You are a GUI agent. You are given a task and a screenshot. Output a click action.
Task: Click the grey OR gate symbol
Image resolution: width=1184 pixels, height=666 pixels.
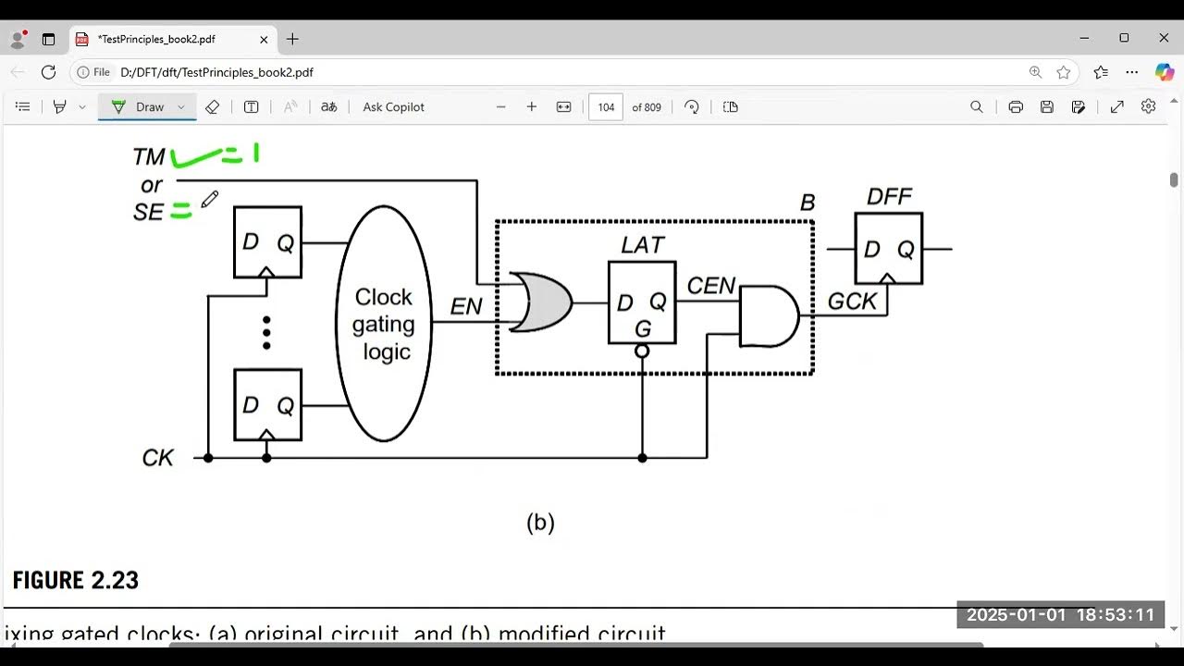(x=542, y=302)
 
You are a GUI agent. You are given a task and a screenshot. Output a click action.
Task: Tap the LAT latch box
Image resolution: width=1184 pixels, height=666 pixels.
(x=642, y=302)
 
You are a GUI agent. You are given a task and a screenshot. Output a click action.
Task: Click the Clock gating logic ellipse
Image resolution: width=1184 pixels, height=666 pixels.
(x=384, y=324)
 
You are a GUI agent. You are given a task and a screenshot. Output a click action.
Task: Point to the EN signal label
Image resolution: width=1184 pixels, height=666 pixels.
(x=466, y=306)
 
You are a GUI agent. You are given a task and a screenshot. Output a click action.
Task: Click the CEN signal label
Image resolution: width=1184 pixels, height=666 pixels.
(x=710, y=286)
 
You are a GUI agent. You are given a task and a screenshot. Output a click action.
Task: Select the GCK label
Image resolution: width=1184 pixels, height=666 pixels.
(x=852, y=302)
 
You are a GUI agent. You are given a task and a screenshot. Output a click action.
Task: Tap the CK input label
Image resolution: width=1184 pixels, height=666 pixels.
(x=157, y=458)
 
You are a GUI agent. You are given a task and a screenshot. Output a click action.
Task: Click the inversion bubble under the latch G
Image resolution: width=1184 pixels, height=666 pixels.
(x=642, y=351)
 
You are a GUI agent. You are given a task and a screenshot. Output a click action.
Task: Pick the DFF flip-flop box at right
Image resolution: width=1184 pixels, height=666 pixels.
(x=888, y=248)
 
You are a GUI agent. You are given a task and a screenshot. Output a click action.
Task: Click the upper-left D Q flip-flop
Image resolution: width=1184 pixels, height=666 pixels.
(x=267, y=242)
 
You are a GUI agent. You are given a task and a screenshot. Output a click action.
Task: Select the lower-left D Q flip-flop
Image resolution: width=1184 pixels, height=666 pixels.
(x=267, y=404)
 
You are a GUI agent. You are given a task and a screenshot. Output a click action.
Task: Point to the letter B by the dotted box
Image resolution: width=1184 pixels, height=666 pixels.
(x=807, y=203)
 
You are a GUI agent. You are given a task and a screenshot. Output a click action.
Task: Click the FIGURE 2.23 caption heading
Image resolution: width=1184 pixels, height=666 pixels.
(x=76, y=581)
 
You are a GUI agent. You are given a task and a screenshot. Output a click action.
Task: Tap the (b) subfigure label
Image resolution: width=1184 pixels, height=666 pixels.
(x=540, y=523)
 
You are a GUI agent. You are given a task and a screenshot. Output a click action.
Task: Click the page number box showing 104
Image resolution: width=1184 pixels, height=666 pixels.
(x=606, y=107)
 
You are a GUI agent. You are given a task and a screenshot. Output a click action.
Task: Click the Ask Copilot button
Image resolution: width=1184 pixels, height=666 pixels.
(x=393, y=107)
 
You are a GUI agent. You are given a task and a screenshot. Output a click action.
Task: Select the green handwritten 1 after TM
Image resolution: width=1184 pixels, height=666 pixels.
(x=256, y=153)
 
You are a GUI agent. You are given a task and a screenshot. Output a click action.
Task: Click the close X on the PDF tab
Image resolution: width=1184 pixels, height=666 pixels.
(x=264, y=40)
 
